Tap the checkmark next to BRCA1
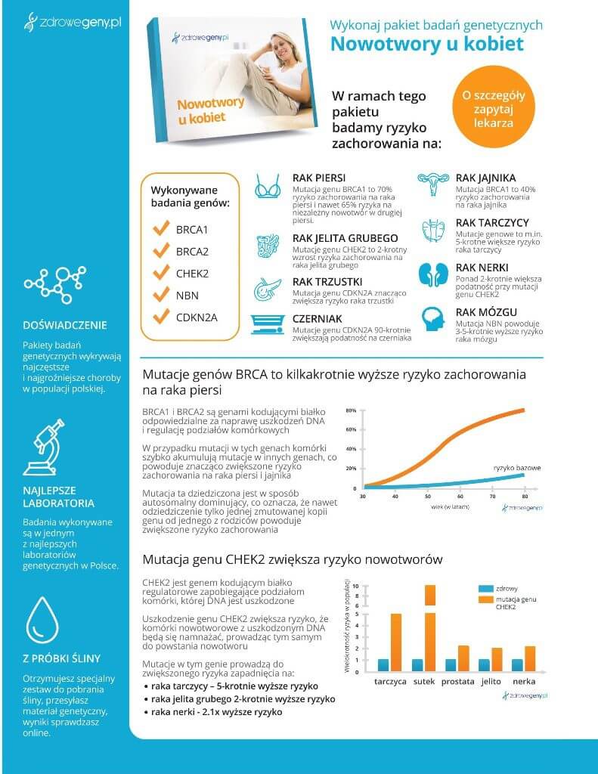coord(160,228)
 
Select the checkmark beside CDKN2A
coord(160,317)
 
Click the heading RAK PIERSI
coord(319,178)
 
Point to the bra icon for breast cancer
coord(268,186)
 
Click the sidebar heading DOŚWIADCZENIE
coord(65,326)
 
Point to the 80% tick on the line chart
coord(351,410)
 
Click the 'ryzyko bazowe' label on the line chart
coord(517,468)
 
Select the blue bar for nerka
coord(517,664)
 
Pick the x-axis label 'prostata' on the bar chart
coord(457,681)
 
